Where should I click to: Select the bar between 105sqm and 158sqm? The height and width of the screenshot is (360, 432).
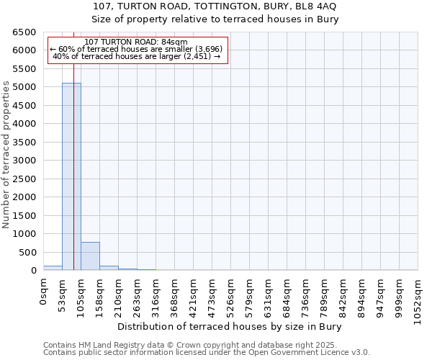(90, 256)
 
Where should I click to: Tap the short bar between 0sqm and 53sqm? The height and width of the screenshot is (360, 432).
(53, 268)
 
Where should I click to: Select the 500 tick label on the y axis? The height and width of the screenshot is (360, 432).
(27, 252)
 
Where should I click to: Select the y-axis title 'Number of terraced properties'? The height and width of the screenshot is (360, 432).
(6, 155)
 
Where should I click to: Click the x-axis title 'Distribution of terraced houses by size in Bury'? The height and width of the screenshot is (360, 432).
(229, 326)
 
